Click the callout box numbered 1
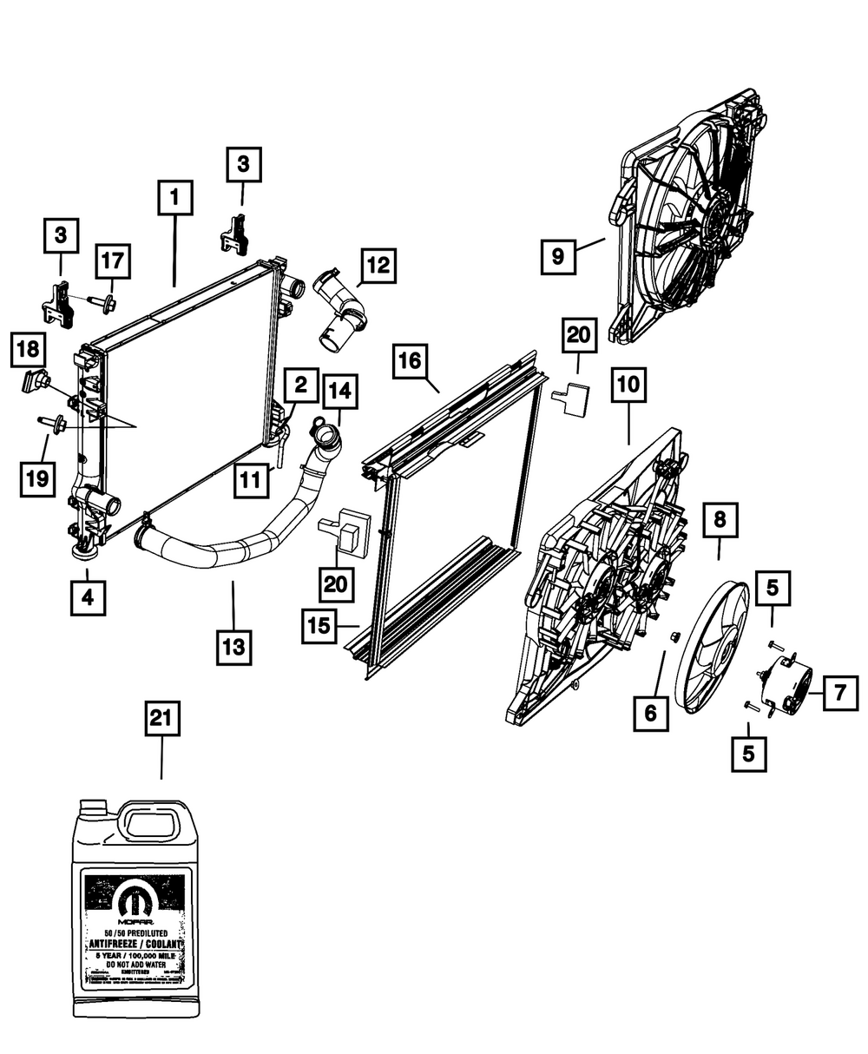pos(174,198)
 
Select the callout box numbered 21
pos(162,720)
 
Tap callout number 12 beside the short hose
pos(378,265)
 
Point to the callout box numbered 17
pos(113,260)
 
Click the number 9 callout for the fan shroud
pos(557,256)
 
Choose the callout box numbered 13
pos(234,647)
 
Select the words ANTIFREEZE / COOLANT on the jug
pos(135,944)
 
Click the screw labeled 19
pos(54,423)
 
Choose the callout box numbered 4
pos(89,597)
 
